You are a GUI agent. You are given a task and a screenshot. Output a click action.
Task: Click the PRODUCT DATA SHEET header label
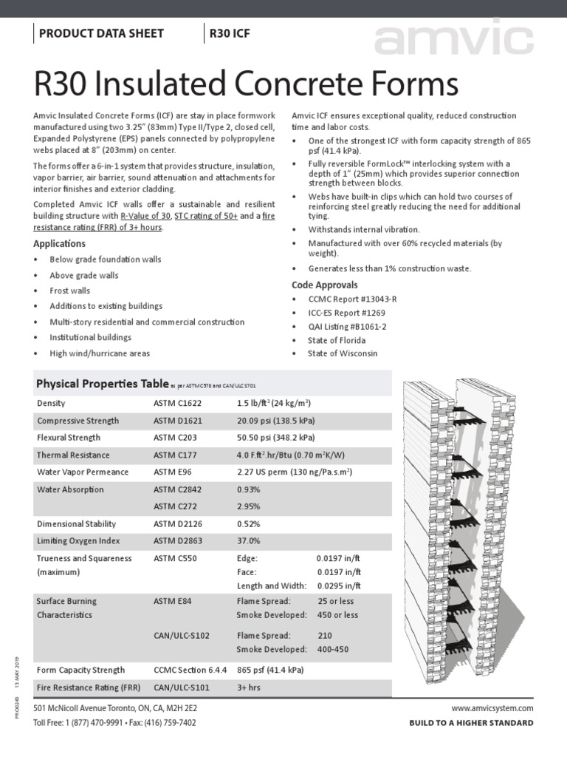click(x=100, y=33)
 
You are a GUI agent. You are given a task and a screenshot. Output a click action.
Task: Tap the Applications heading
click(x=59, y=243)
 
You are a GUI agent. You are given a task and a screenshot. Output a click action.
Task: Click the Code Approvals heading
click(x=324, y=285)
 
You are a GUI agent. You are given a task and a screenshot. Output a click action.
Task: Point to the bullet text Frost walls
click(x=69, y=291)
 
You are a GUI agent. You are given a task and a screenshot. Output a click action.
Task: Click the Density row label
click(x=51, y=403)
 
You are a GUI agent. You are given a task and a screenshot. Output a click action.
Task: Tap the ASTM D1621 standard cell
click(x=177, y=421)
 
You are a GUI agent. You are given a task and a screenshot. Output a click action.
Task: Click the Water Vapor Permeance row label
click(x=83, y=472)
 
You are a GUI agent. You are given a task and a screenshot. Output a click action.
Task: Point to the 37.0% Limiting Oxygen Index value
click(x=249, y=541)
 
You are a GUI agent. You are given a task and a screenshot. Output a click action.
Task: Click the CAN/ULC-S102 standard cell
click(x=181, y=635)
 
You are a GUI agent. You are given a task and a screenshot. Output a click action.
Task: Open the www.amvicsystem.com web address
click(x=492, y=707)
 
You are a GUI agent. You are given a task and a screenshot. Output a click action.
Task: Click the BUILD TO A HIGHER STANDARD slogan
click(x=471, y=723)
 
